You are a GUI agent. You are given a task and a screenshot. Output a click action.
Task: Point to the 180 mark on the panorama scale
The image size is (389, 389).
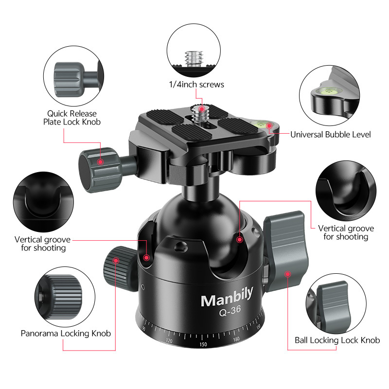coord(237,339)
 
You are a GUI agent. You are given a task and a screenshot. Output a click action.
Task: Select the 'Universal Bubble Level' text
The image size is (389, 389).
coord(331,134)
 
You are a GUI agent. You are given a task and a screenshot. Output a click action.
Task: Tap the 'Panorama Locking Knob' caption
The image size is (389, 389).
coord(66,334)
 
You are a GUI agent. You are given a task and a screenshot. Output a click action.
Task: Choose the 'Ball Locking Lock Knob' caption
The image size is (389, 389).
coord(337,340)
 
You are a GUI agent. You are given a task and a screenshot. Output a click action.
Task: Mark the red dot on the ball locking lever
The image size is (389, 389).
coord(288,274)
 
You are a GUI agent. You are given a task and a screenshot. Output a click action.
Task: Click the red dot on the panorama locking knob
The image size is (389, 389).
coord(116,261)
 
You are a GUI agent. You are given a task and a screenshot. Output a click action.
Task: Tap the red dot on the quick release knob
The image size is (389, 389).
coord(101,161)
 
